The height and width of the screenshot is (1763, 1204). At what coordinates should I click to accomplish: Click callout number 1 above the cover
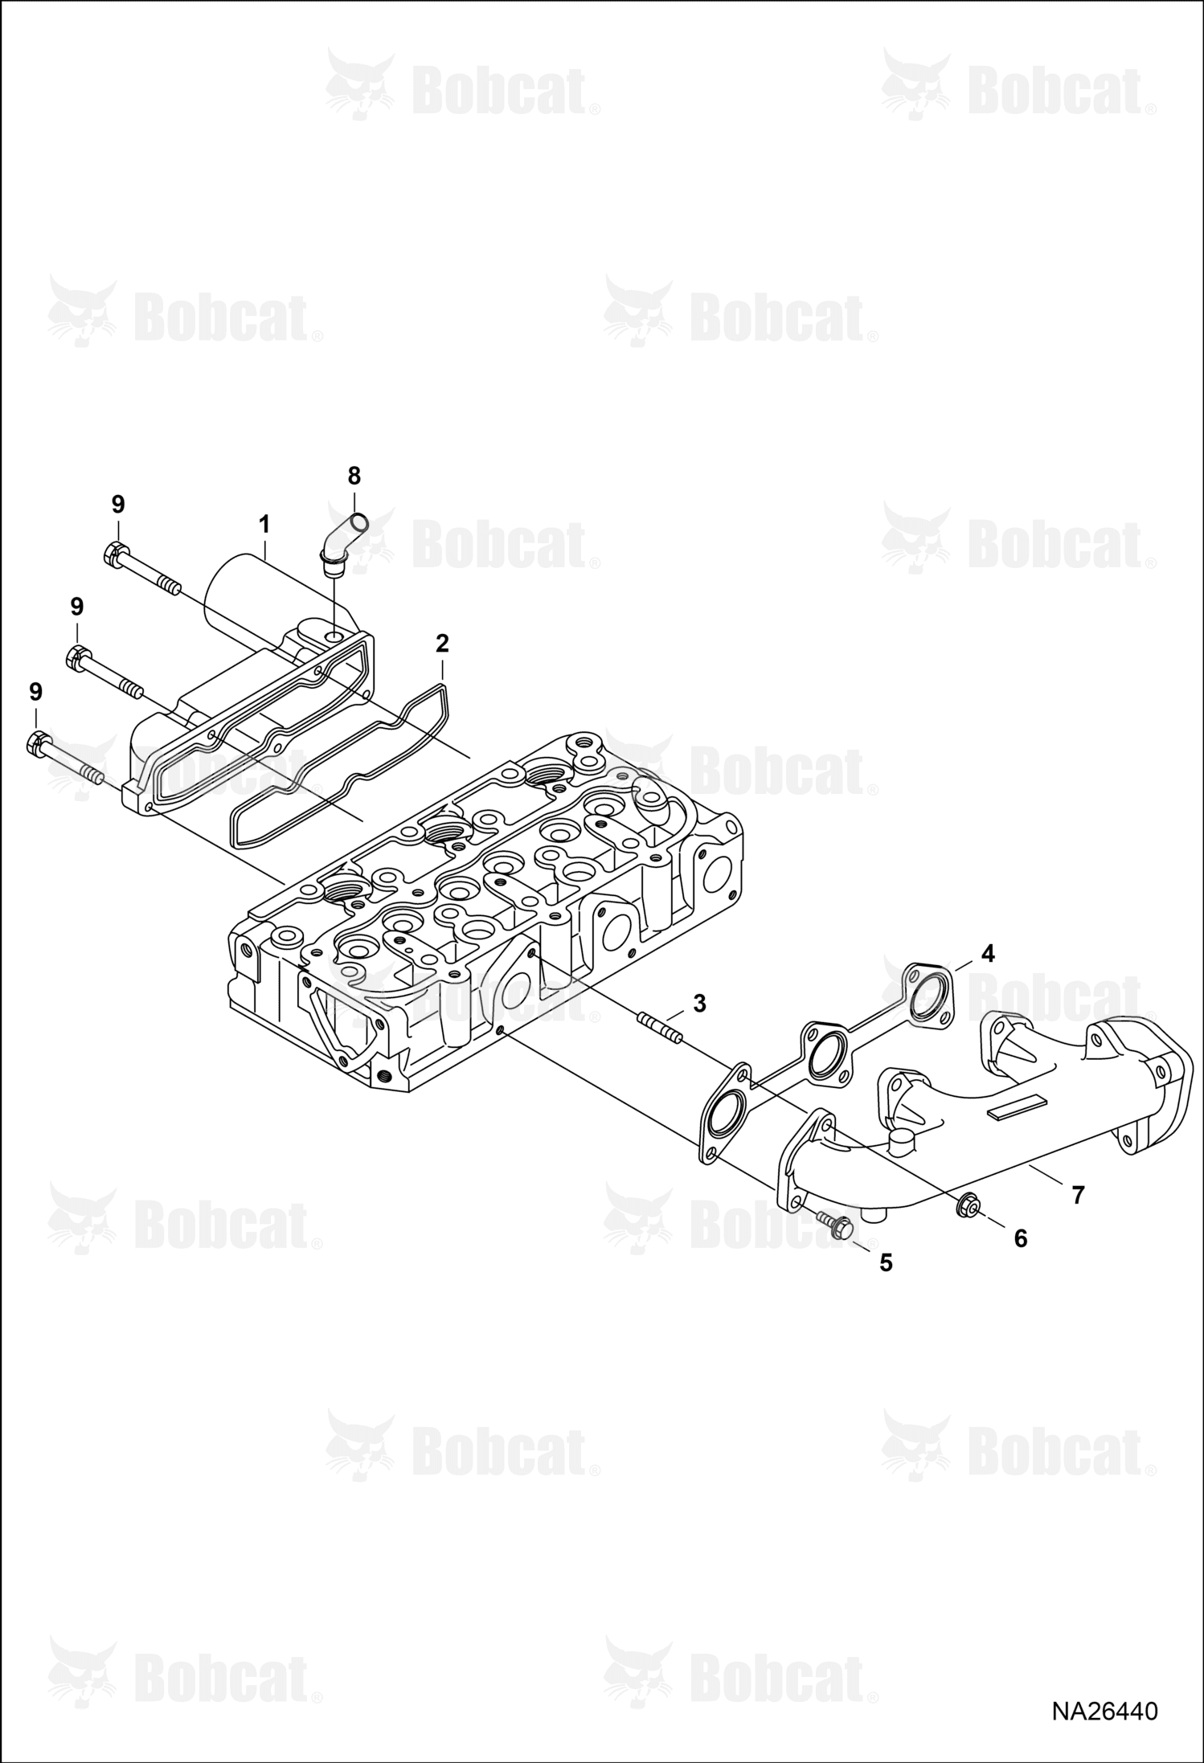click(x=264, y=525)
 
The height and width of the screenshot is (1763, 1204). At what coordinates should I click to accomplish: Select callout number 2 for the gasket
click(x=442, y=643)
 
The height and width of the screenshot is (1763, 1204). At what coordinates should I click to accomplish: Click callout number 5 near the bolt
click(x=886, y=1263)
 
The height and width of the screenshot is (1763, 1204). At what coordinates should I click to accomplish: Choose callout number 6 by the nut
click(x=1020, y=1239)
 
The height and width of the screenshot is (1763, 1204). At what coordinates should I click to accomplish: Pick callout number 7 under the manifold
click(x=1078, y=1194)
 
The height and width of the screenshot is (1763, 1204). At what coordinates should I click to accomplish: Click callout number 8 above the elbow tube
click(x=354, y=476)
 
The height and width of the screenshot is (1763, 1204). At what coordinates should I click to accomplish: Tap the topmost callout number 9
click(x=118, y=505)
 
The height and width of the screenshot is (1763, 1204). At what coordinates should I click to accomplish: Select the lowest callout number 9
click(x=35, y=692)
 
